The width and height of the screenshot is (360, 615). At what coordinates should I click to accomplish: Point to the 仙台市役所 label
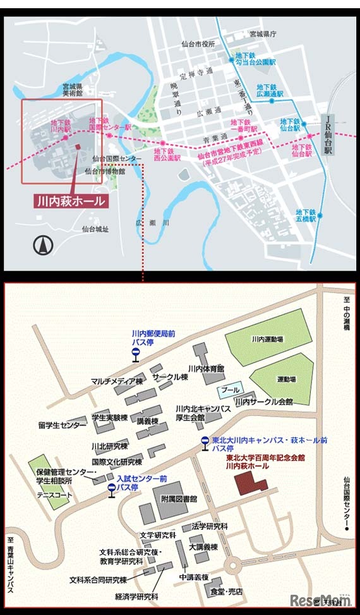[198, 44]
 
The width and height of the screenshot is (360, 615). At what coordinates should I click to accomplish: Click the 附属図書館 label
[179, 498]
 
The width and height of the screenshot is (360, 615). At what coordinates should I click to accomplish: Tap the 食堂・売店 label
[226, 592]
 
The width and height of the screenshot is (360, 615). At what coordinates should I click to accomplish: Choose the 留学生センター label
[62, 425]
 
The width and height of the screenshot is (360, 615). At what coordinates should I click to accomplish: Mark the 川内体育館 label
[207, 368]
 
